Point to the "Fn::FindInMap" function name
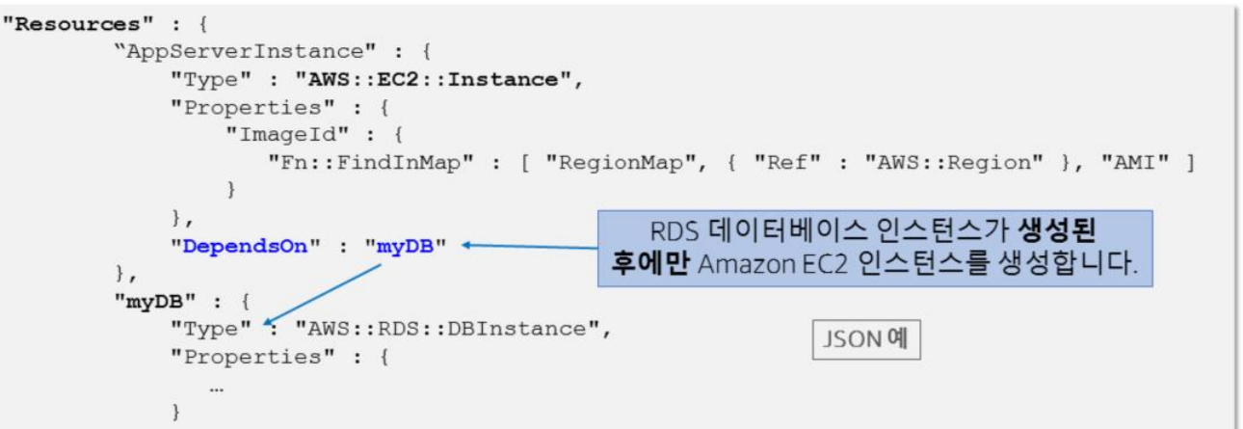click(x=371, y=163)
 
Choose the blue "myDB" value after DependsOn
click(x=405, y=246)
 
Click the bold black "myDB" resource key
click(x=155, y=301)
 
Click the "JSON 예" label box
click(x=865, y=341)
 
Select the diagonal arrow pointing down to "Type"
click(x=322, y=291)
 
